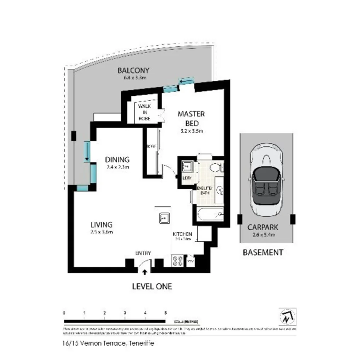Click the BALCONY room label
133,71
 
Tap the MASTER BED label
191,119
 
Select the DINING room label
117,160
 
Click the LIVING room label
101,224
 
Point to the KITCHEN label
182,234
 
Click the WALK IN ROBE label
145,112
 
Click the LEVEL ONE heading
152,286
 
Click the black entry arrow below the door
144,272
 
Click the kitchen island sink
163,218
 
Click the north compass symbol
286,316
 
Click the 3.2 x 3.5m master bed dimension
191,131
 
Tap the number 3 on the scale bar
125,313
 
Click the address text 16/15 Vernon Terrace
107,343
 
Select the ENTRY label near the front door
143,253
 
